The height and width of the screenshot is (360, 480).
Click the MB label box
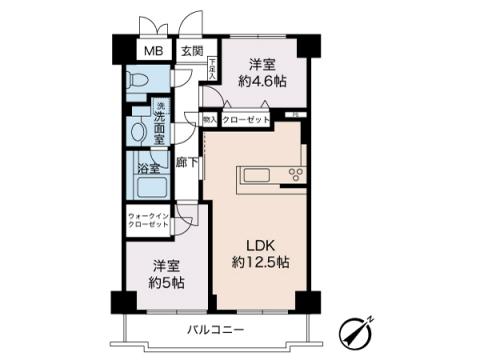click(153, 51)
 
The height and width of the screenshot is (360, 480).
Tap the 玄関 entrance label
click(192, 51)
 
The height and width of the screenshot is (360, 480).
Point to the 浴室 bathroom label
click(149, 169)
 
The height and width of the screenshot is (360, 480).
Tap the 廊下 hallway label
click(186, 162)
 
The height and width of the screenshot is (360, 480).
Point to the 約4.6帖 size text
click(261, 82)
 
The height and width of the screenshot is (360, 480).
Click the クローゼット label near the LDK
click(245, 117)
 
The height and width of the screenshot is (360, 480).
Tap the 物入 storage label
click(210, 117)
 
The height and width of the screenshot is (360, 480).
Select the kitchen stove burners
click(296, 176)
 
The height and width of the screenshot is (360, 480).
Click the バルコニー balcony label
click(215, 329)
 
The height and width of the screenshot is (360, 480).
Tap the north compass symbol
click(357, 329)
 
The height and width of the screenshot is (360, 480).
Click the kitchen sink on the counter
click(256, 176)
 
